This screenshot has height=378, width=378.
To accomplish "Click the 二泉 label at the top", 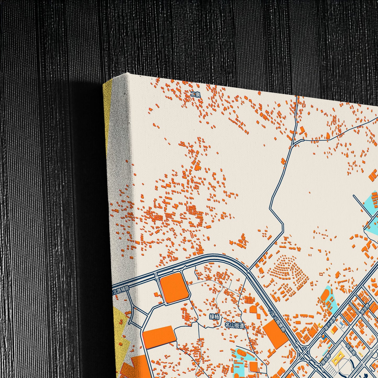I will [195, 94].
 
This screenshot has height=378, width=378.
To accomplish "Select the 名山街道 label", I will [235, 326].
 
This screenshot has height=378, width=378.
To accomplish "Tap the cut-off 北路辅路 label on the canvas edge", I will [121, 290].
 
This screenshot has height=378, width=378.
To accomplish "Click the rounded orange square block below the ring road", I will [174, 288].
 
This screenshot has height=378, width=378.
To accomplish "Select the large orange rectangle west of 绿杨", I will [159, 336].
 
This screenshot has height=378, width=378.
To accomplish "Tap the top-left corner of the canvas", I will [126, 74].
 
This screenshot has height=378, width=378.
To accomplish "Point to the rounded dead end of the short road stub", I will [354, 195].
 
